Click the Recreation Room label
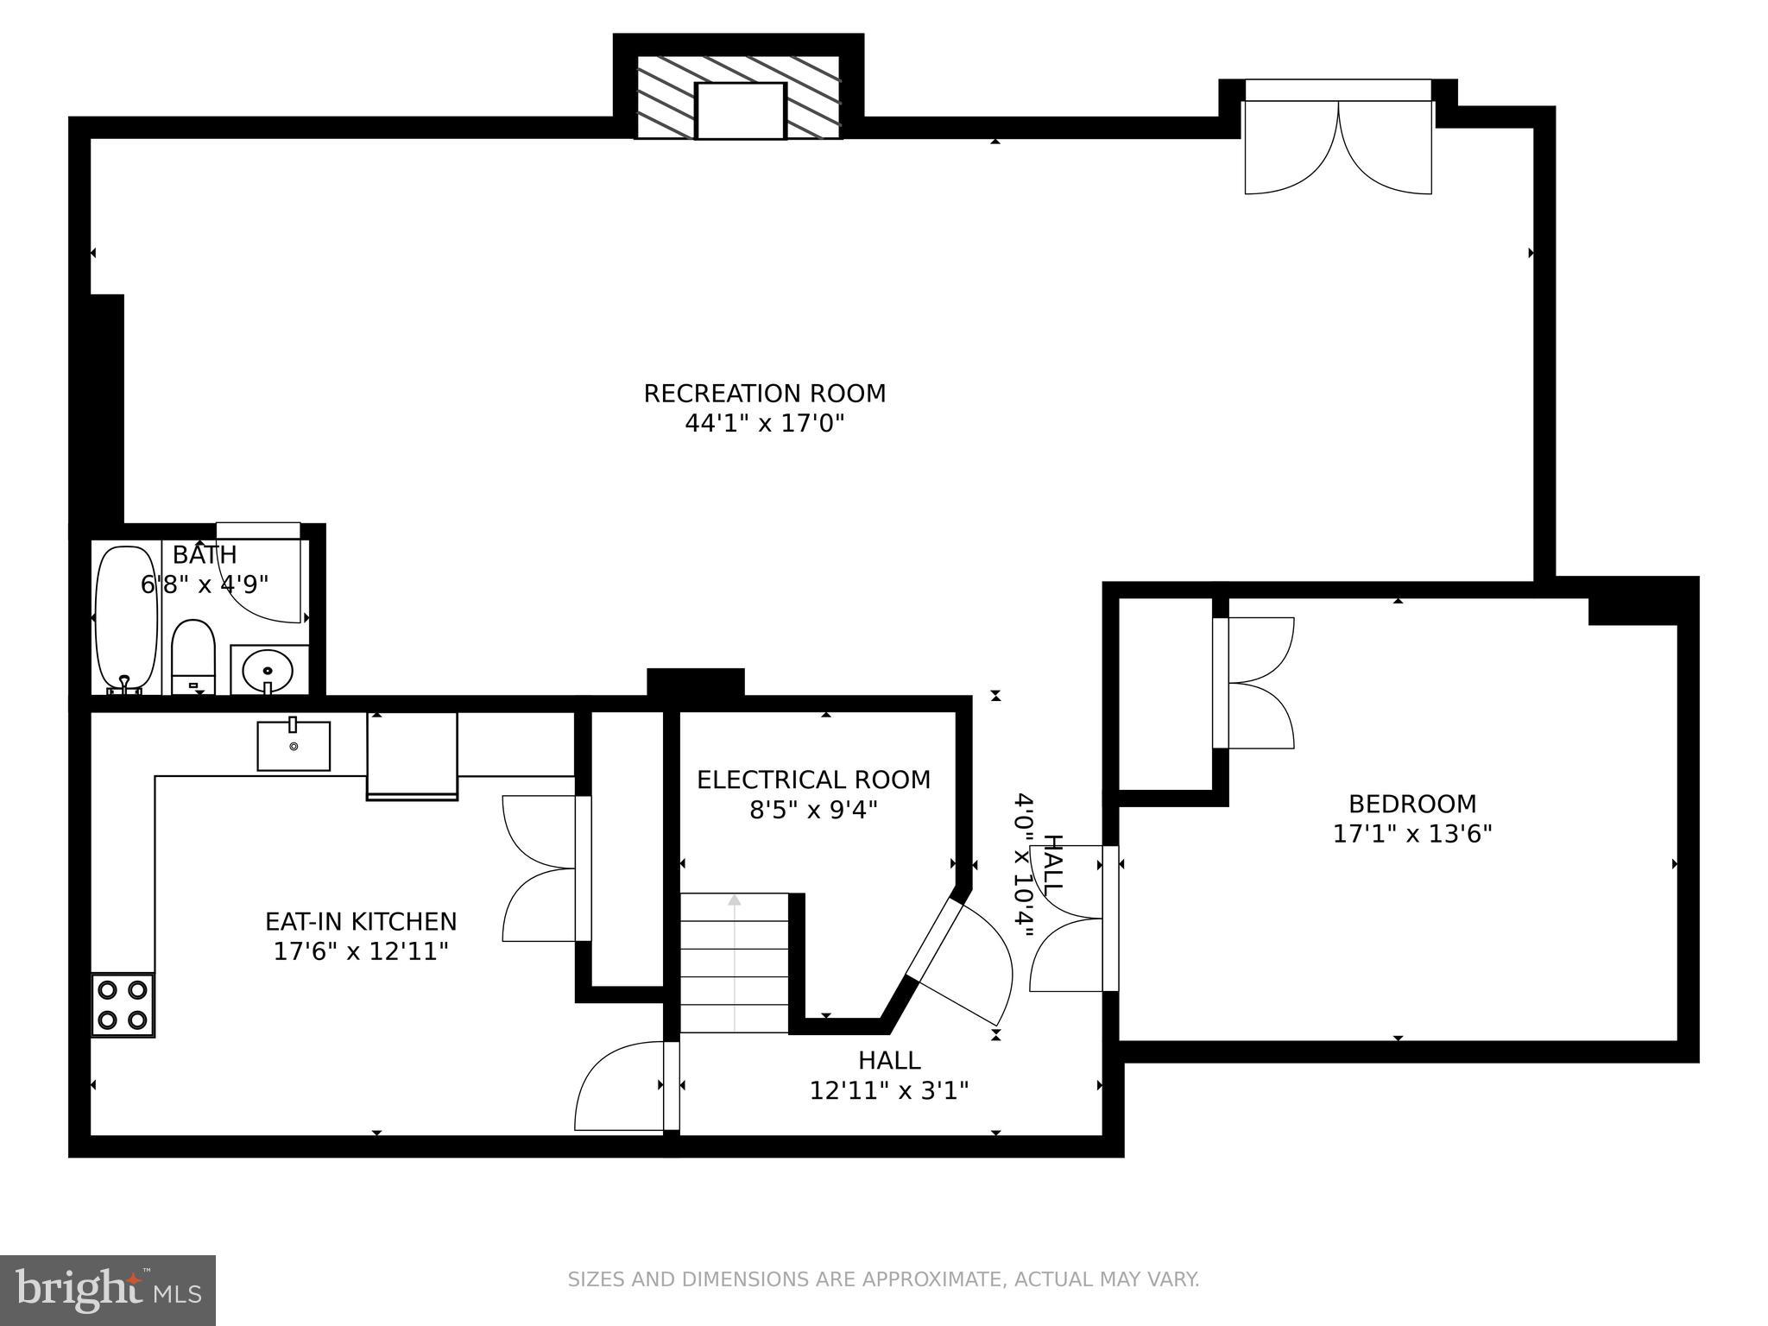764,394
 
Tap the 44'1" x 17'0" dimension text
764,424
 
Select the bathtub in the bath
126,617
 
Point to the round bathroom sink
268,669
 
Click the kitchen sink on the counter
294,746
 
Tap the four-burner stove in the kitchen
123,1005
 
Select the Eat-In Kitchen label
361,922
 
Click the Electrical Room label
813,780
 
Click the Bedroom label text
1412,805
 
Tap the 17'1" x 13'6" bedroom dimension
1412,835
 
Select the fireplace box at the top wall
740,110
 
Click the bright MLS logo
107,1290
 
